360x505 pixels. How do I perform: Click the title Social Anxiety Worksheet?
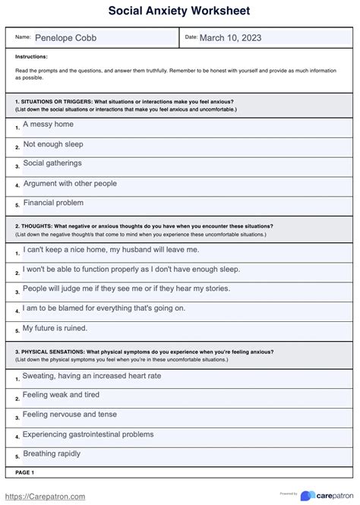[179, 11]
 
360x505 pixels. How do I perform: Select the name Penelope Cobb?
[66, 38]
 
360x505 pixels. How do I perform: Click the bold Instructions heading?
[31, 56]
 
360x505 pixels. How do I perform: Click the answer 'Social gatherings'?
[52, 163]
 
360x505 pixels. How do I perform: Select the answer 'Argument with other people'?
[70, 183]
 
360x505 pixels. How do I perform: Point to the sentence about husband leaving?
[111, 248]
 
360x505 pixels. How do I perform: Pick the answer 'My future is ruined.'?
[55, 328]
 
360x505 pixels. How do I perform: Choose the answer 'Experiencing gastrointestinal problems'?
[88, 434]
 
